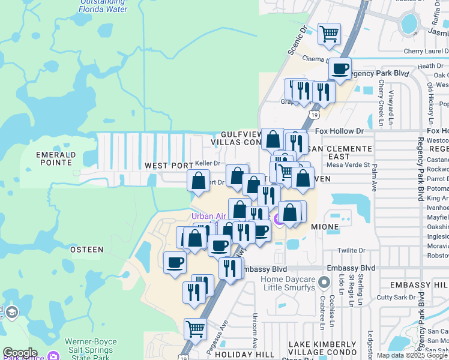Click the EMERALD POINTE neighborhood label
pyautogui.click(x=56, y=158)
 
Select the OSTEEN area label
pyautogui.click(x=86, y=249)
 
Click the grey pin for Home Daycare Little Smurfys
pyautogui.click(x=325, y=282)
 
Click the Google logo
pyautogui.click(x=20, y=353)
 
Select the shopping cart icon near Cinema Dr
pyautogui.click(x=329, y=35)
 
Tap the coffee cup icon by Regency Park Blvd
pyautogui.click(x=340, y=69)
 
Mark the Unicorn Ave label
pyautogui.click(x=255, y=325)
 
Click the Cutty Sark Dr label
pyautogui.click(x=396, y=297)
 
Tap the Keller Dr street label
pyautogui.click(x=208, y=163)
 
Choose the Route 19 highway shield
pyautogui.click(x=315, y=114)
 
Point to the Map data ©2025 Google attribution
pyautogui.click(x=412, y=355)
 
